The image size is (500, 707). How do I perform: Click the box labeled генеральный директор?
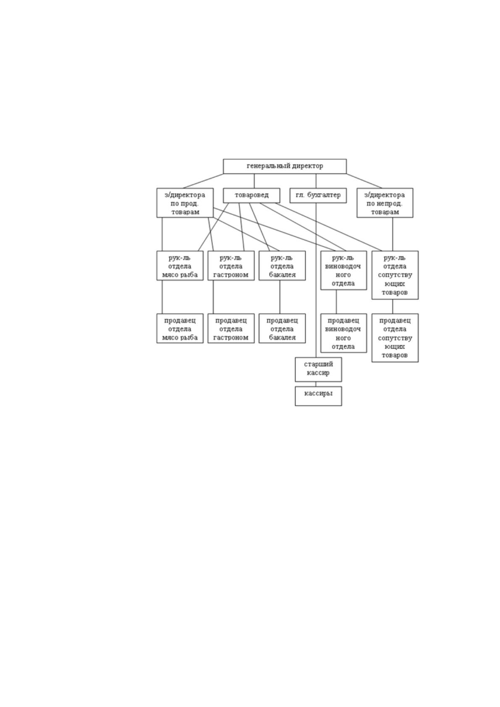tap(284, 166)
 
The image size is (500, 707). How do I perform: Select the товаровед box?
tap(251, 195)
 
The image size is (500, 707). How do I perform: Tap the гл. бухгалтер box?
tap(318, 195)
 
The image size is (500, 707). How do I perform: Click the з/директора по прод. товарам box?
tap(185, 203)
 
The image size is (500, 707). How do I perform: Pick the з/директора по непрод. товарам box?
tap(385, 203)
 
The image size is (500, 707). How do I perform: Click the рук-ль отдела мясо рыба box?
tap(180, 265)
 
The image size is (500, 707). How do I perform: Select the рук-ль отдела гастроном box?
tap(231, 265)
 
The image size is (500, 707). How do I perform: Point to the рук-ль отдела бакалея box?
tap(282, 265)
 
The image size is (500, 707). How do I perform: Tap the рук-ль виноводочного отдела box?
tap(343, 270)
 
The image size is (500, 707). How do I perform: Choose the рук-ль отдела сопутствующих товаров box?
tap(395, 275)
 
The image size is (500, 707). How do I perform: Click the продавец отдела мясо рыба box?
tap(180, 328)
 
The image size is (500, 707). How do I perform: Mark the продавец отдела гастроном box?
tap(231, 328)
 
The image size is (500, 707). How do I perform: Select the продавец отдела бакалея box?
tap(282, 328)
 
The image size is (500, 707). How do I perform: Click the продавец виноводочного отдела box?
tap(343, 333)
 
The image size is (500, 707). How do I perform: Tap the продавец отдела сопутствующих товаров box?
tap(395, 338)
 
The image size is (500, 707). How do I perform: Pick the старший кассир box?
tap(318, 369)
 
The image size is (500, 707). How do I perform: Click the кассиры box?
tap(318, 396)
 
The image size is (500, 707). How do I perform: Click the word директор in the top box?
tap(307, 166)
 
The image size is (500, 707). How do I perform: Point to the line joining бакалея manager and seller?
tap(280, 297)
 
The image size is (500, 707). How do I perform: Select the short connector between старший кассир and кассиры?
tap(316, 384)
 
